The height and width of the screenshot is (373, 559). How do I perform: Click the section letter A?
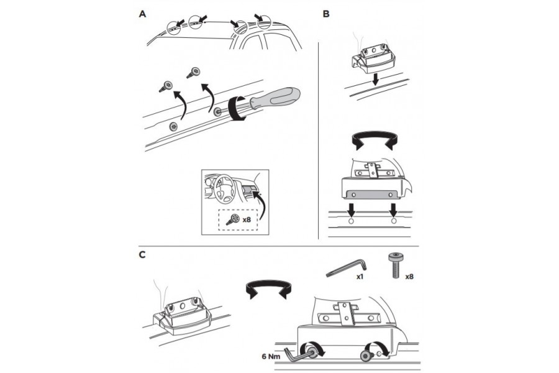pos(143,14)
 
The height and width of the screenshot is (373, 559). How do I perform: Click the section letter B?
pos(327,14)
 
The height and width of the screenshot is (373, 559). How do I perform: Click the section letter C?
pos(143,254)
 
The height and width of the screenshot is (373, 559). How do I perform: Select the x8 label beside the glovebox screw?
pos(246,219)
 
